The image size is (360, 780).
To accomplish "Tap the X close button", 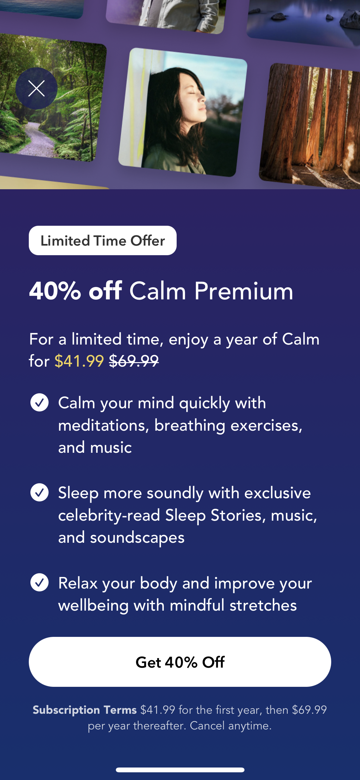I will pos(36,88).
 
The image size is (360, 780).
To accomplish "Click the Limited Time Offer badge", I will pos(102,240).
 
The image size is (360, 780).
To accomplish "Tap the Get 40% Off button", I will pos(180,662).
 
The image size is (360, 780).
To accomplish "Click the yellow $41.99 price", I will pos(79,361).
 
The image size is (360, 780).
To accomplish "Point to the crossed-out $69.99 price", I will pos(134,361).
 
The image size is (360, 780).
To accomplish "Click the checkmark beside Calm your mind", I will pos(39,402).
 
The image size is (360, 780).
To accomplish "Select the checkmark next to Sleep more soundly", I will pos(39,492).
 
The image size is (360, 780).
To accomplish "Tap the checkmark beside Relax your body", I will pos(39,582).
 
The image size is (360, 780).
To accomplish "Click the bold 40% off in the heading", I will pos(76,291).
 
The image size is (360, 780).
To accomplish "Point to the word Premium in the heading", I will pos(244,291).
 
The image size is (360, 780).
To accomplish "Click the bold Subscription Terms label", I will pos(84,710).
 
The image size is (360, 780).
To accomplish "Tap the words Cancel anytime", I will pos(230,726).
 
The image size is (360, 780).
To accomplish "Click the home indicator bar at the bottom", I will pos(180,770).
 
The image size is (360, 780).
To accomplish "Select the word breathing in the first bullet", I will pos(190,426).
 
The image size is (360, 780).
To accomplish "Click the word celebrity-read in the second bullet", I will pos(109,516).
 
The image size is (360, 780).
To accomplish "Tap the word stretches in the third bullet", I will pos(263,605).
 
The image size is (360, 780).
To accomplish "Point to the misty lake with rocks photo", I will pos(304,19).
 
